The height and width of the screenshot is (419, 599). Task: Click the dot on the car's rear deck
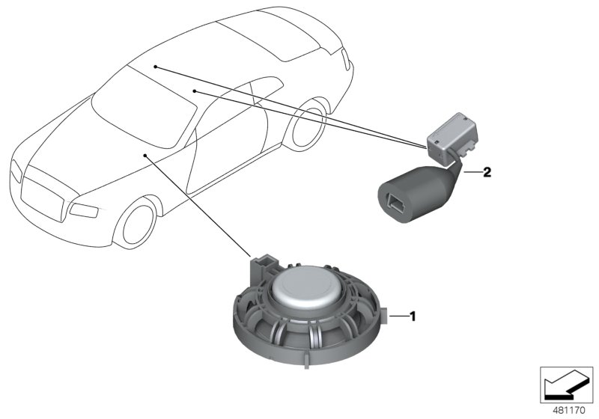[155, 67]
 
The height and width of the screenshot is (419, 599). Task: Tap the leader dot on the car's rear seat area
[194, 91]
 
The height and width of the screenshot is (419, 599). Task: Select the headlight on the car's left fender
[85, 208]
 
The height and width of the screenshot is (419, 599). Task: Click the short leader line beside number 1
[400, 316]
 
